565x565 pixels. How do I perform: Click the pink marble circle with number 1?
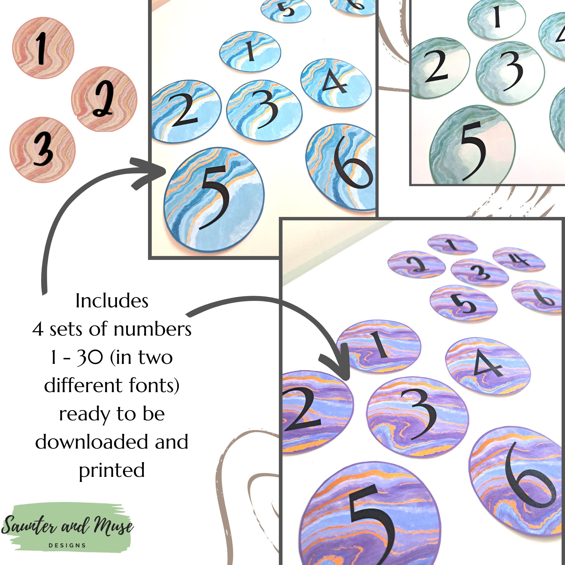[x=43, y=48]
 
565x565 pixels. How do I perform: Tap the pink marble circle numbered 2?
[x=104, y=99]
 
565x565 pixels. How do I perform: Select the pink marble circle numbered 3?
[x=43, y=150]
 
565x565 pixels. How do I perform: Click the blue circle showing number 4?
[x=336, y=83]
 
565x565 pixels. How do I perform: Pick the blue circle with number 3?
[x=264, y=110]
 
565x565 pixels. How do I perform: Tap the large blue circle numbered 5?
[x=214, y=199]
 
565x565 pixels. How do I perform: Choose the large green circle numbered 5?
[x=472, y=145]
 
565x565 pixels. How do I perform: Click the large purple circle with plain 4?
[x=488, y=366]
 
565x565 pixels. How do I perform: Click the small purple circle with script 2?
[x=416, y=264]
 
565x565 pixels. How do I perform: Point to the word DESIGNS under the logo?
[x=67, y=546]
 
